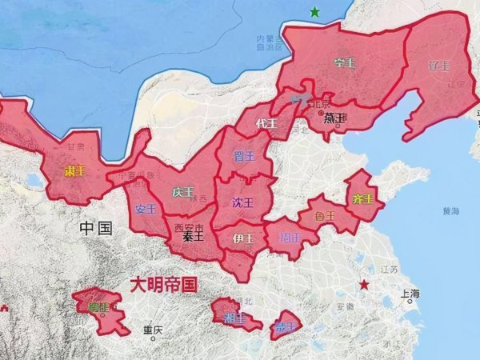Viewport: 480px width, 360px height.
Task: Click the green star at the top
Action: tap(315, 12)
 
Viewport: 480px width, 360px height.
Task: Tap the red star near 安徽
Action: tap(365, 285)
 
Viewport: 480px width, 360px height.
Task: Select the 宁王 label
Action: tap(345, 62)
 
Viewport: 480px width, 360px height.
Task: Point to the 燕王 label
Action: tap(334, 118)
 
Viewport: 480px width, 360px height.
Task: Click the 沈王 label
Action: tap(242, 202)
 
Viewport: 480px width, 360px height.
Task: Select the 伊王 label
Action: tap(243, 238)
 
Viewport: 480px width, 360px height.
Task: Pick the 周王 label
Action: tap(290, 238)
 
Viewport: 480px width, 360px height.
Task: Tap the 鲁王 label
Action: tap(324, 215)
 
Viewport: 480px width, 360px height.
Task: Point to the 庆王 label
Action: tap(182, 192)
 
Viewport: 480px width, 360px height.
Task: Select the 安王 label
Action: tap(146, 209)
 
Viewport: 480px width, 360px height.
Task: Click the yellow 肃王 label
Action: tap(74, 171)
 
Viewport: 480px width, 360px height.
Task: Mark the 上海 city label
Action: tap(412, 294)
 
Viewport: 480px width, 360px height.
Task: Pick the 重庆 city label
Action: tap(153, 330)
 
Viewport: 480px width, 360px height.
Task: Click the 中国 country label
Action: tap(96, 229)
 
